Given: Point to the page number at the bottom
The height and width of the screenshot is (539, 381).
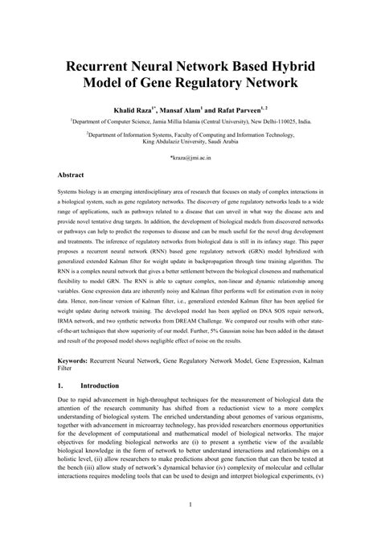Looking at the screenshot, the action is [190, 528].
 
